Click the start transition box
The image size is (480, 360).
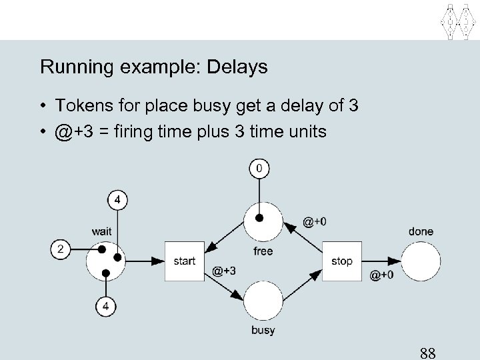184,261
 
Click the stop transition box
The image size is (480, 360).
341,261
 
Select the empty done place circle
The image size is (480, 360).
421,261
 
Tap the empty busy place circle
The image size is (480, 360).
263,301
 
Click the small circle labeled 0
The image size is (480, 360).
260,169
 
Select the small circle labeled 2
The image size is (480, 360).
61,249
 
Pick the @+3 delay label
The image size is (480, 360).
224,270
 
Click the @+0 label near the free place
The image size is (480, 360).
314,222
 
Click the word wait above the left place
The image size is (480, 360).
101,231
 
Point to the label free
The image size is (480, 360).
263,251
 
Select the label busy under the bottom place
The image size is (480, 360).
263,331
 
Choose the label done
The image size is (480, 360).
421,231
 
